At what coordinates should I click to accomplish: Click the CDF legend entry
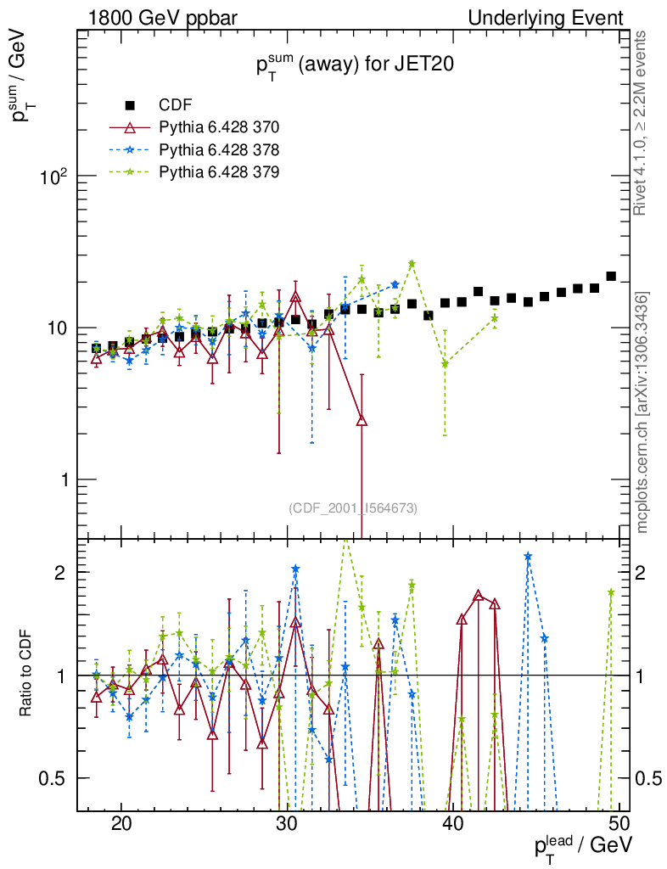(176, 105)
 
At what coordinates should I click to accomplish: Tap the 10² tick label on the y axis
(53, 177)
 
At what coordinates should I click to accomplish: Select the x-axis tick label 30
(288, 825)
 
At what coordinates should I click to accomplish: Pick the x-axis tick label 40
(453, 825)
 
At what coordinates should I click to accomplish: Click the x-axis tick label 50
(619, 825)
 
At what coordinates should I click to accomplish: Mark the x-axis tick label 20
(121, 825)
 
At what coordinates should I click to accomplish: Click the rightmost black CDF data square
(611, 277)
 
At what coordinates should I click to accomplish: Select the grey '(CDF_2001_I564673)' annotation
(353, 508)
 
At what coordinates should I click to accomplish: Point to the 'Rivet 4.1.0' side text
(642, 123)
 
